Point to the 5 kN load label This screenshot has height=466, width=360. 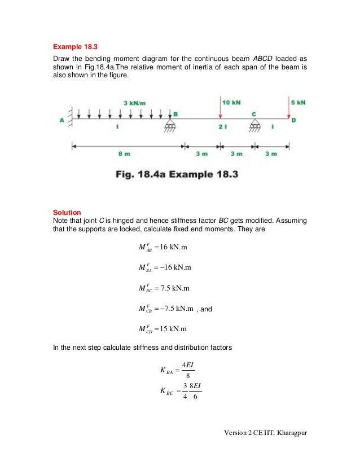(298, 103)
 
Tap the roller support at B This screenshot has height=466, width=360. (169, 125)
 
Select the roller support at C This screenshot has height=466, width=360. (254, 125)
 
